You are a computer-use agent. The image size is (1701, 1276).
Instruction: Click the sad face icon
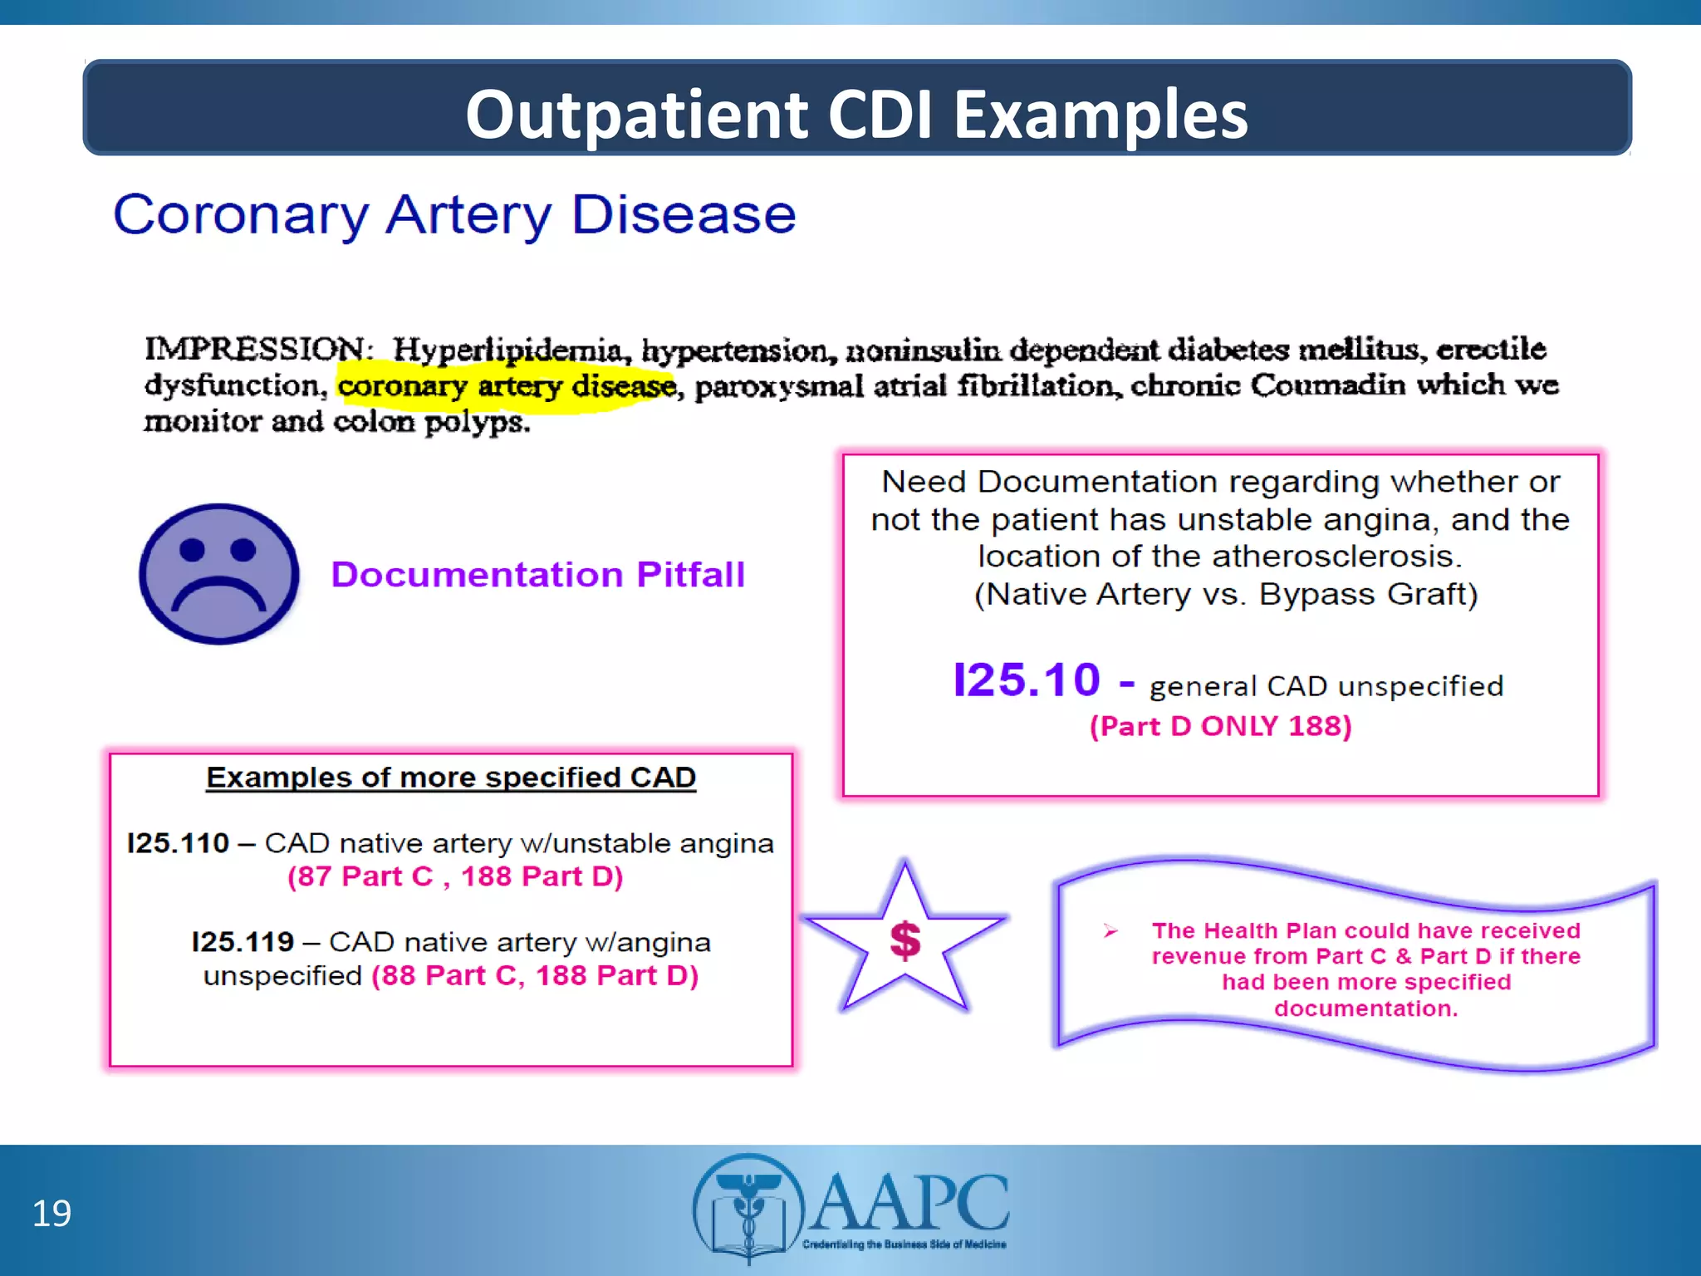[219, 573]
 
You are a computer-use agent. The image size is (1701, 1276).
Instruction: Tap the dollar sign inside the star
[904, 941]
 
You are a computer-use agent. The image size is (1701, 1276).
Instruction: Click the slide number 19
[51, 1214]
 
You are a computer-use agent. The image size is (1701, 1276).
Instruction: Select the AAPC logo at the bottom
[851, 1205]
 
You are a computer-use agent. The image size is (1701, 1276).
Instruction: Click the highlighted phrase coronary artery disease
[507, 386]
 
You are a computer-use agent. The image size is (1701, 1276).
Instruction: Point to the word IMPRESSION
[254, 349]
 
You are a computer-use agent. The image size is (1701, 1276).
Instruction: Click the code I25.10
[1027, 680]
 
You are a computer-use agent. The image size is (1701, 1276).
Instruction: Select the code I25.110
[178, 843]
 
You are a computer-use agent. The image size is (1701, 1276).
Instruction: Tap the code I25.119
[243, 942]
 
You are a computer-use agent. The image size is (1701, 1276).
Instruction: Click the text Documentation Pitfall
[537, 575]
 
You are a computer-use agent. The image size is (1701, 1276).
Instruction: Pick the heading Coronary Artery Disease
[454, 215]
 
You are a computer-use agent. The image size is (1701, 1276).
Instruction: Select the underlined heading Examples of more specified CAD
[451, 778]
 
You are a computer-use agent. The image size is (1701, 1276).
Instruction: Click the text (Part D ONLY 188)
[1220, 726]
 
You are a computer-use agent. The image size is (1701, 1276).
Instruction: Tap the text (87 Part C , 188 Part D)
[455, 876]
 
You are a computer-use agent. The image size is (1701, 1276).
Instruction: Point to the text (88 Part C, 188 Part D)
[535, 975]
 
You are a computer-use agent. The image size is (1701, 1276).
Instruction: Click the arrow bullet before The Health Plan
[1110, 931]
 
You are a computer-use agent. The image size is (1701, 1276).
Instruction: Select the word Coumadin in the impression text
[1328, 385]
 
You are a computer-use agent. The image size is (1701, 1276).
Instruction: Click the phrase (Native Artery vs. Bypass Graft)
[1226, 595]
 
